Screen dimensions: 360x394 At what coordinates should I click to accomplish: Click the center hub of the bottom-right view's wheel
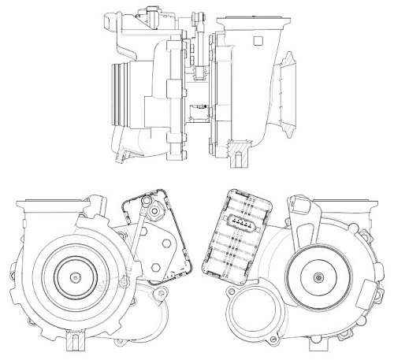coord(318,278)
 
